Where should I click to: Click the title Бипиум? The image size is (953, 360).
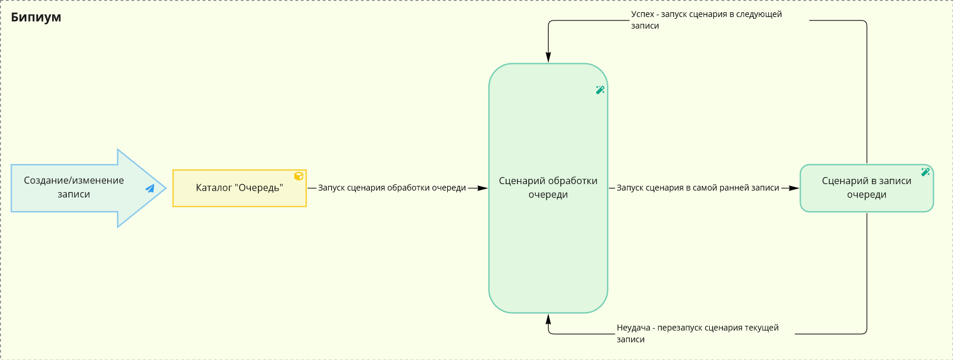tap(36, 17)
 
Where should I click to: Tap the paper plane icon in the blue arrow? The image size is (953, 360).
tap(150, 188)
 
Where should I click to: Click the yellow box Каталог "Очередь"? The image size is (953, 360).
tap(240, 188)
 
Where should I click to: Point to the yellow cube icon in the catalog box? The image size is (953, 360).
tap(299, 176)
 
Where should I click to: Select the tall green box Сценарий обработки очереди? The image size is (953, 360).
tap(548, 188)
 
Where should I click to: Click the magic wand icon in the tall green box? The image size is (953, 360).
tap(600, 90)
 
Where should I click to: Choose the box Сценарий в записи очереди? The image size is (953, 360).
tap(867, 188)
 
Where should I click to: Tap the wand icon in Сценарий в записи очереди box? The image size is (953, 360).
tap(925, 172)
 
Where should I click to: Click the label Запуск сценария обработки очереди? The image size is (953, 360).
tap(392, 188)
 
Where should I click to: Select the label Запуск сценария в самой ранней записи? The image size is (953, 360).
tap(697, 188)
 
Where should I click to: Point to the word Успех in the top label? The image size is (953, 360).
tap(642, 14)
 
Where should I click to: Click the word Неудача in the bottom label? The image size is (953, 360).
tap(634, 328)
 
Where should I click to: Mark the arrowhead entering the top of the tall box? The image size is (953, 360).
tap(549, 57)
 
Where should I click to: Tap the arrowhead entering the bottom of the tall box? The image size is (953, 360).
tap(549, 319)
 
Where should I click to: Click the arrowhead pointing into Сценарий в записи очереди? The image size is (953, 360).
tap(794, 188)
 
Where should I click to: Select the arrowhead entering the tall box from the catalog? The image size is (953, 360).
tap(482, 188)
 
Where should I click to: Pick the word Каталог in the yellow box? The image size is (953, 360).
tap(213, 188)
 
